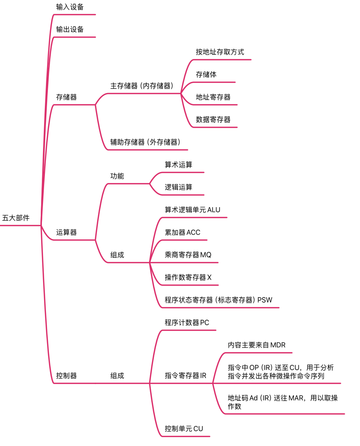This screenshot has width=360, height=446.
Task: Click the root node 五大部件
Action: pos(16,218)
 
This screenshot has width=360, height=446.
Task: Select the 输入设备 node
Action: pos(70,7)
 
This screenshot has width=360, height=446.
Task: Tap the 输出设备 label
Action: pos(70,30)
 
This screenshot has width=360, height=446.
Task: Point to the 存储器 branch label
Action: pos(66,97)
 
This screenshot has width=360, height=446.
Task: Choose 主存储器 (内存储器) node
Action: pos(142,86)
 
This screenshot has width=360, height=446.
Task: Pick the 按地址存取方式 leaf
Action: pos(220,52)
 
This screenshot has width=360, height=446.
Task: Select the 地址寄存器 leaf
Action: pos(213,97)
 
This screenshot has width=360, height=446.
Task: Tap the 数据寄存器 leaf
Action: pos(213,120)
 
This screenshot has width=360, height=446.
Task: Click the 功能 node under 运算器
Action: pos(117,176)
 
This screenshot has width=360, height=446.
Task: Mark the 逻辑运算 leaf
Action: pos(179,187)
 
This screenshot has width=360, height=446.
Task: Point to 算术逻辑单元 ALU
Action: pos(192,210)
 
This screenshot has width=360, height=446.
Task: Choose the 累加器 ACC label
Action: pos(182,233)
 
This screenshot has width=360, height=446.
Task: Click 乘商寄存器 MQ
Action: pos(188,255)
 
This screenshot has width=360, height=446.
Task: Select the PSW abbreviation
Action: pos(265,300)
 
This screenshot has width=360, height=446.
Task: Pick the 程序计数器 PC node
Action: pos(187,323)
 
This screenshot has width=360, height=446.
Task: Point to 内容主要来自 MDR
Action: pos(257,345)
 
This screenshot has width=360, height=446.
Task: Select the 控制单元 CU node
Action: pos(184,429)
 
